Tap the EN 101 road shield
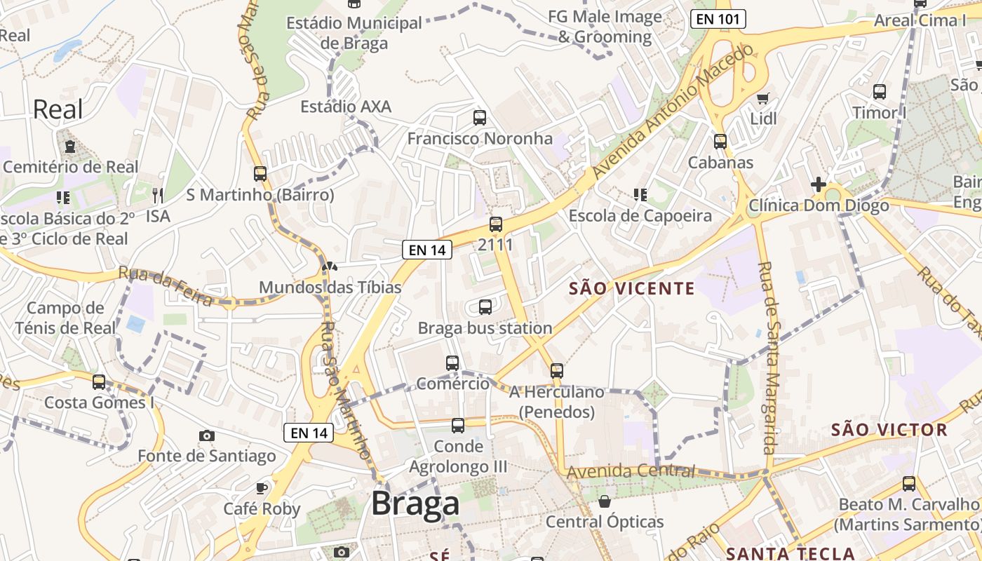pyautogui.click(x=718, y=19)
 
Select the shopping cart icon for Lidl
pyautogui.click(x=763, y=99)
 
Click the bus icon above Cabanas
pyautogui.click(x=720, y=142)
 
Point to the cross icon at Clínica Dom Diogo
pyautogui.click(x=818, y=184)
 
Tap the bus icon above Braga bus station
pyautogui.click(x=485, y=307)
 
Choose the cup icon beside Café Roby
pyautogui.click(x=262, y=488)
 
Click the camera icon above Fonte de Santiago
pyautogui.click(x=206, y=435)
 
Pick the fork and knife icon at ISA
pyautogui.click(x=158, y=195)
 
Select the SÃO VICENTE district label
pyautogui.click(x=631, y=288)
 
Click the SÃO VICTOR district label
pyautogui.click(x=889, y=430)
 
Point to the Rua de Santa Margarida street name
pyautogui.click(x=769, y=358)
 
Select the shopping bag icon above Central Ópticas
pyautogui.click(x=604, y=501)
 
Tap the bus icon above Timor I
pyautogui.click(x=879, y=92)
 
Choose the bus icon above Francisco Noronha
pyautogui.click(x=480, y=118)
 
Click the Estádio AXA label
pyautogui.click(x=346, y=107)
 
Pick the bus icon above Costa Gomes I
pyautogui.click(x=99, y=382)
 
